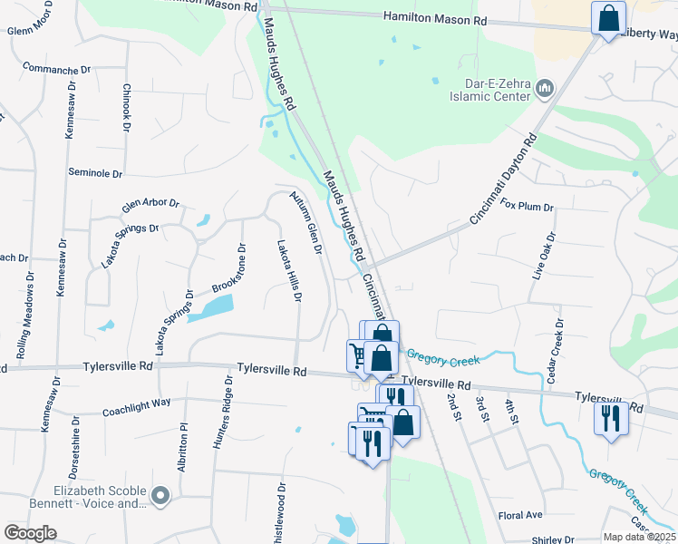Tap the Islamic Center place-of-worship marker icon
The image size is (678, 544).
(x=545, y=88)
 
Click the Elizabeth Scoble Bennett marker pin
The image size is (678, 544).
(x=161, y=495)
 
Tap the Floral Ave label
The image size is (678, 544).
(x=520, y=515)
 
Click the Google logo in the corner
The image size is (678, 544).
(x=30, y=533)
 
